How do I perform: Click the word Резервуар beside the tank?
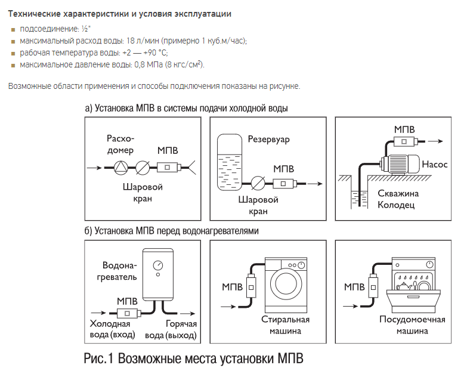pyautogui.click(x=268, y=139)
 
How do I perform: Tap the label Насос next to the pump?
pyautogui.click(x=435, y=164)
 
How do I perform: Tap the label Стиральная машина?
pyautogui.click(x=286, y=324)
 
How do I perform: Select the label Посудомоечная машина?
pyautogui.click(x=413, y=324)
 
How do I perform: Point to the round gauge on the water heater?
pyautogui.click(x=157, y=264)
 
